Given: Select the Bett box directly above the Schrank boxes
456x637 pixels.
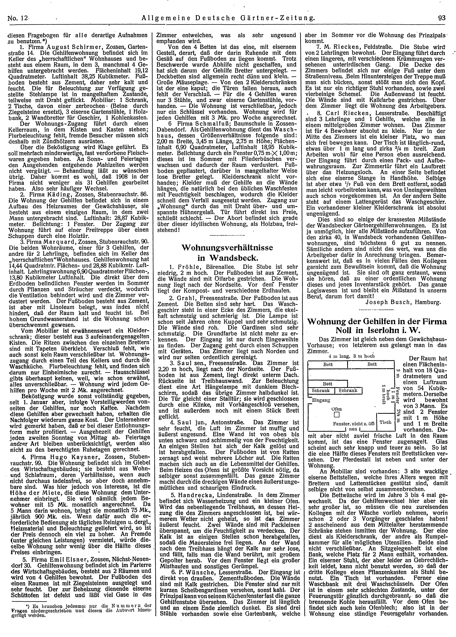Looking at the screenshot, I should (x=328, y=384).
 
